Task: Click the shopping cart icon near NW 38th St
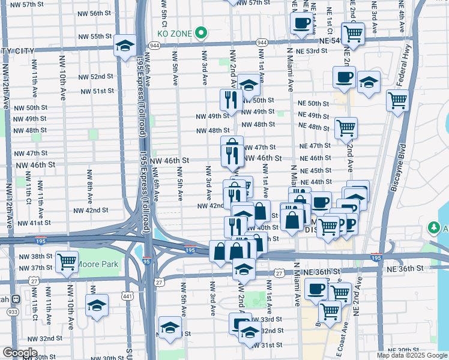click(67, 262)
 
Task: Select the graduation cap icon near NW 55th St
click(125, 47)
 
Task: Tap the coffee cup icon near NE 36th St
click(316, 289)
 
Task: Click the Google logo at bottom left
click(20, 353)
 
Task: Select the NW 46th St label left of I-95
click(35, 164)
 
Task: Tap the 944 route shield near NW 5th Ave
click(154, 45)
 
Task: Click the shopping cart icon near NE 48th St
click(346, 127)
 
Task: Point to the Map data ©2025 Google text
click(412, 355)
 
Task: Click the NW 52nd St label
click(94, 76)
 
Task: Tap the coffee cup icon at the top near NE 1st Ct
click(301, 24)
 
